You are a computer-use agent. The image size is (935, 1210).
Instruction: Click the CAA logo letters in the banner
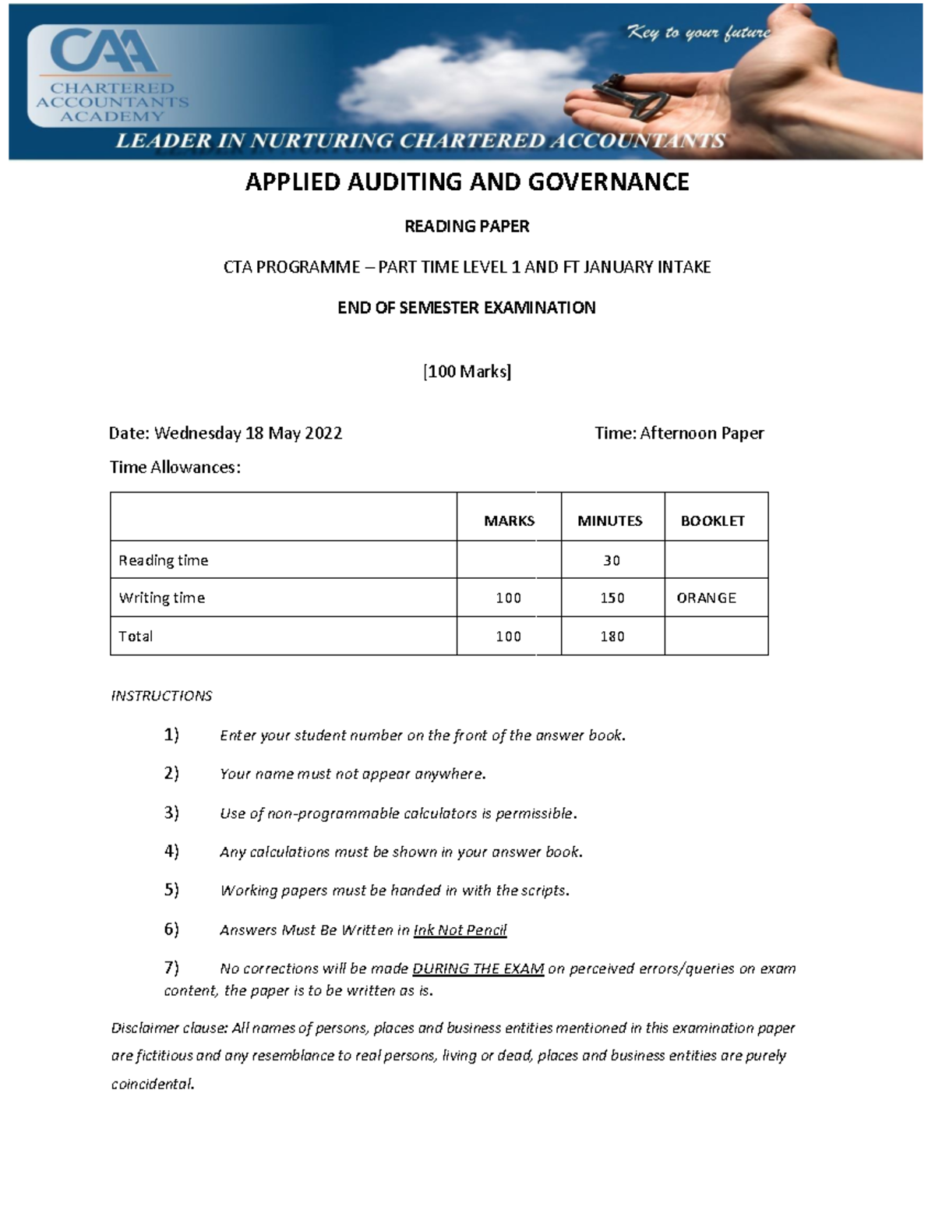pyautogui.click(x=104, y=52)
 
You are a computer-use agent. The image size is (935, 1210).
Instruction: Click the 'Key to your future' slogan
pyautogui.click(x=698, y=33)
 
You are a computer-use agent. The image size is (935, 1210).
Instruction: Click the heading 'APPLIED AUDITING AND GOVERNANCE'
pyautogui.click(x=467, y=182)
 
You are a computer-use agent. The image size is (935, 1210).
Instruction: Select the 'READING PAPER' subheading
pyautogui.click(x=467, y=227)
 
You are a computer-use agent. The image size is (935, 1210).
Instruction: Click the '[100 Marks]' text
pyautogui.click(x=467, y=372)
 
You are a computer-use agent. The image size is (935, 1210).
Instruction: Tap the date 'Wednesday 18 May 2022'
pyautogui.click(x=248, y=433)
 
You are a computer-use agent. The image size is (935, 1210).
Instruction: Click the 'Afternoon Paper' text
pyautogui.click(x=701, y=433)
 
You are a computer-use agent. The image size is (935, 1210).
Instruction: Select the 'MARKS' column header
pyautogui.click(x=509, y=520)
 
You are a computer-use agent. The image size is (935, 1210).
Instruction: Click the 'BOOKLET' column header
pyautogui.click(x=712, y=520)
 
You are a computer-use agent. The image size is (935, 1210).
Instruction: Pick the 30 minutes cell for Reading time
pyautogui.click(x=612, y=560)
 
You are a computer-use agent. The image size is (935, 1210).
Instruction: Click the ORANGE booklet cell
pyautogui.click(x=706, y=598)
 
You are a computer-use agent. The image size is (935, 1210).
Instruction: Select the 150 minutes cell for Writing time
pyautogui.click(x=612, y=598)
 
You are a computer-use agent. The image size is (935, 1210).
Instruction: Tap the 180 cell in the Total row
pyautogui.click(x=612, y=637)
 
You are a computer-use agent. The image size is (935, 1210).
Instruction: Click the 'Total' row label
pyautogui.click(x=136, y=637)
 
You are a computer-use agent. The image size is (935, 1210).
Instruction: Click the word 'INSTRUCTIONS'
pyautogui.click(x=161, y=696)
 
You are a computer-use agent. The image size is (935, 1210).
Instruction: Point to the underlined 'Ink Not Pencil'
pyautogui.click(x=460, y=930)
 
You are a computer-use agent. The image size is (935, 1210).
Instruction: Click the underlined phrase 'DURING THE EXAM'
pyautogui.click(x=478, y=969)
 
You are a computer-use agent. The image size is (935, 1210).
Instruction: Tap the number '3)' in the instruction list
pyautogui.click(x=171, y=813)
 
